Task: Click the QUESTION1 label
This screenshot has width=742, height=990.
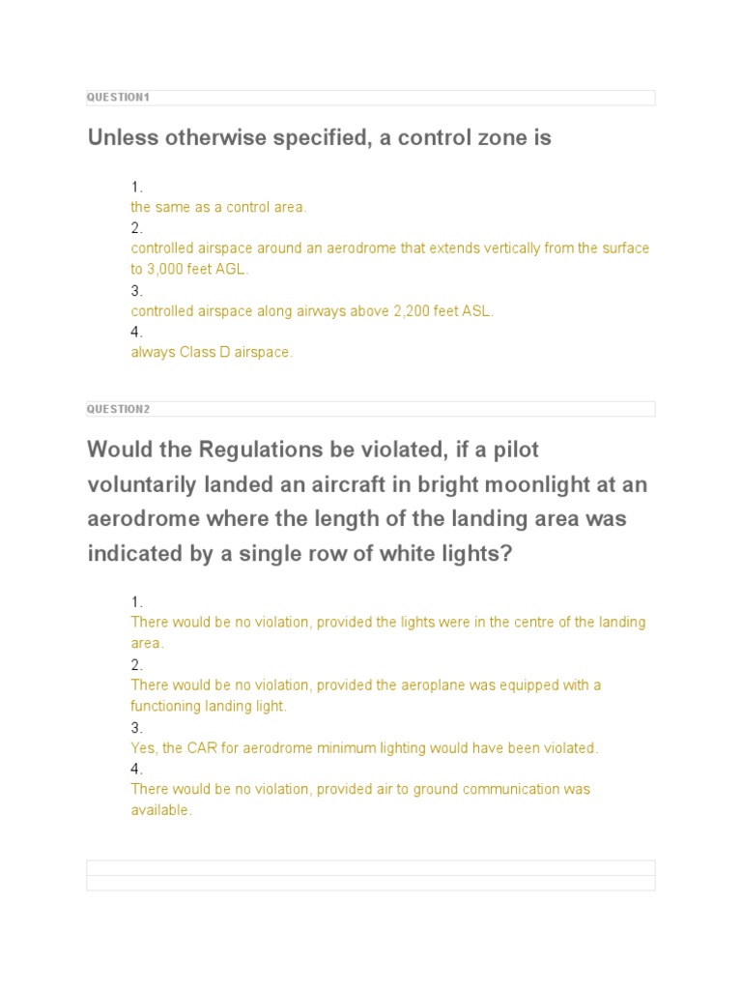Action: pyautogui.click(x=118, y=98)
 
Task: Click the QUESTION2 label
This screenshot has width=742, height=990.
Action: pyautogui.click(x=118, y=409)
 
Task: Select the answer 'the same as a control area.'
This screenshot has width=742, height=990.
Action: pyautogui.click(x=218, y=207)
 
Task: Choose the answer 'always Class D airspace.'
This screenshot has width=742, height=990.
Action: pyautogui.click(x=212, y=353)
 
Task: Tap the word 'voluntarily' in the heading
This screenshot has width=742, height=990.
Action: pyautogui.click(x=144, y=484)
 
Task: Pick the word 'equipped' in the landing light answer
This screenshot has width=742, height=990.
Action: pyautogui.click(x=519, y=685)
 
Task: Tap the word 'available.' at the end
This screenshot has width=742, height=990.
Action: pyautogui.click(x=161, y=810)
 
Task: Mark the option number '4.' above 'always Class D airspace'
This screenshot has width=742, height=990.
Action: pyautogui.click(x=136, y=332)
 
